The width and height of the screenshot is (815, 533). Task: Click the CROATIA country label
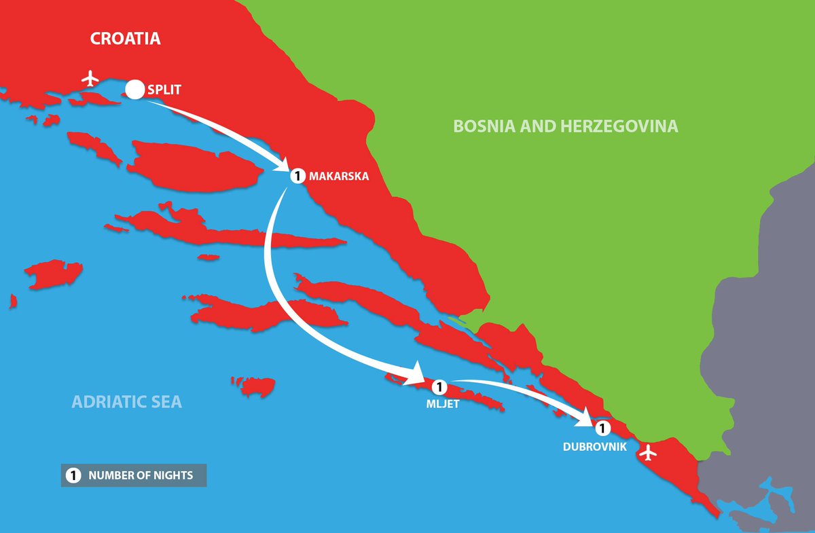[x=126, y=38]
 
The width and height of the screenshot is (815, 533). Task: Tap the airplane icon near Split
[x=89, y=79]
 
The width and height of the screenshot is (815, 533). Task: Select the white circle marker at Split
[x=134, y=88]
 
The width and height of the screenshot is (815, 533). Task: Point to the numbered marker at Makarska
[x=297, y=176]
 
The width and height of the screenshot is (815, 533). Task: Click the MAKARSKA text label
[x=338, y=176]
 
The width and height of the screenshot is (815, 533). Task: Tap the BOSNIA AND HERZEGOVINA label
[x=565, y=126]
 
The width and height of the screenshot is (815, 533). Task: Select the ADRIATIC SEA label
[x=127, y=401]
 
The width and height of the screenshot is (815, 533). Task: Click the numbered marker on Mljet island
[x=438, y=387]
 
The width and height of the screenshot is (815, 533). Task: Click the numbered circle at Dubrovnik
[x=601, y=428]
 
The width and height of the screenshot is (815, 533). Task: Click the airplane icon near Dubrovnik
[x=649, y=452]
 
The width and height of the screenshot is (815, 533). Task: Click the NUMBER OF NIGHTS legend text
[x=141, y=475]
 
